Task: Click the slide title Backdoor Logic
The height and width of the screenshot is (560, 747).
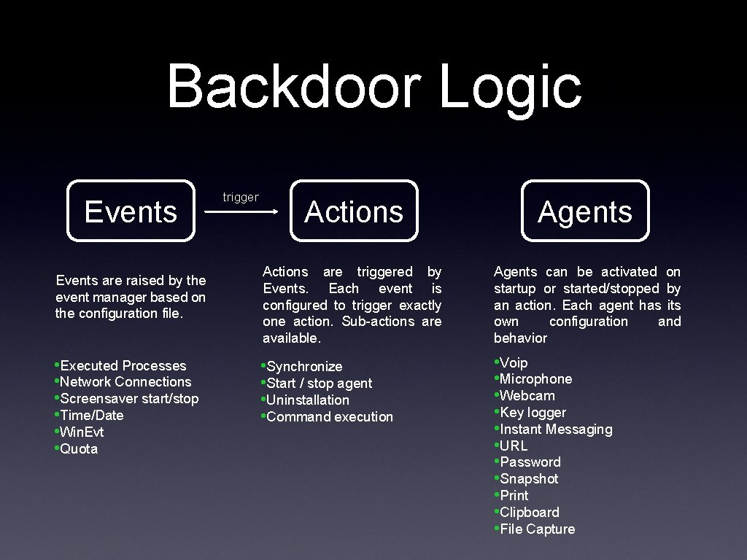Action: (373, 86)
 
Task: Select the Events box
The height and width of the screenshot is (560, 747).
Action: (131, 211)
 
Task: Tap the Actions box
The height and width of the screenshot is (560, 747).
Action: (354, 211)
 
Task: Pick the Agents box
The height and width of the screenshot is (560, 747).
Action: (585, 211)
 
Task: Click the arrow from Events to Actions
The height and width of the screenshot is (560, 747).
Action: (241, 212)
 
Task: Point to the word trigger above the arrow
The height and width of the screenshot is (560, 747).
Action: (241, 197)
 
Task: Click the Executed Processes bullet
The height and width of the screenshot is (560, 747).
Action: (123, 365)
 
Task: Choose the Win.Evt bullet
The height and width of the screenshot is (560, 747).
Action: (82, 432)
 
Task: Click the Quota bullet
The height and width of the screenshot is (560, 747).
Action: (79, 448)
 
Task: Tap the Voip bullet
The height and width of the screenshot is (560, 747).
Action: (514, 362)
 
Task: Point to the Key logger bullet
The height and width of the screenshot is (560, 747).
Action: (533, 412)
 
